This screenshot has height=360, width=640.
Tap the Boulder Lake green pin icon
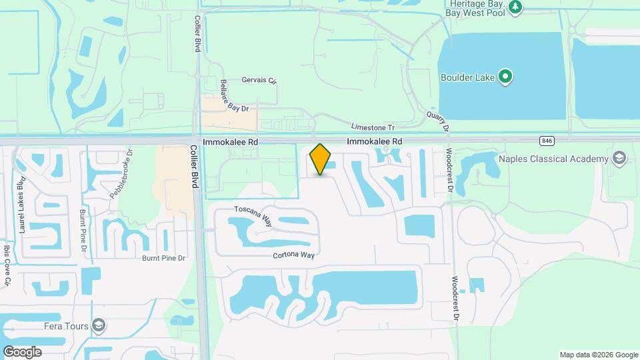(x=505, y=77)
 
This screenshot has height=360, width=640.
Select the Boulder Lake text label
(x=467, y=77)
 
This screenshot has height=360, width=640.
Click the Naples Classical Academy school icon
(x=619, y=158)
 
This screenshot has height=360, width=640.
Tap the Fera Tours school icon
(x=99, y=325)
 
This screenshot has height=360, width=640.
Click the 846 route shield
(x=547, y=141)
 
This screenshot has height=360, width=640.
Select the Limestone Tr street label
(x=373, y=127)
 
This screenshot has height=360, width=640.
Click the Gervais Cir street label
(x=259, y=81)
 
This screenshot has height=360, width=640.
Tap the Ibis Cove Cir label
(x=7, y=266)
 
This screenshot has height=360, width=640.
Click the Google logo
(x=22, y=351)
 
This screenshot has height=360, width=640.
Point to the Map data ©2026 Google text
(x=599, y=355)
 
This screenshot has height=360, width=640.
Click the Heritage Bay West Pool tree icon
(x=515, y=7)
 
